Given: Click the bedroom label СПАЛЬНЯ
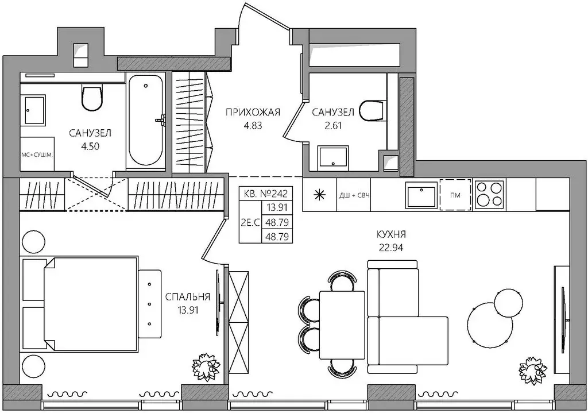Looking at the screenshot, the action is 188,297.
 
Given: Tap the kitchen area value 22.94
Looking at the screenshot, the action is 391,248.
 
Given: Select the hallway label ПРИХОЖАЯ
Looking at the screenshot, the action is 253,112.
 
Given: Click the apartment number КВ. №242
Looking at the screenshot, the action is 265,194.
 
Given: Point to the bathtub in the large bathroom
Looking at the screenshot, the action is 146,119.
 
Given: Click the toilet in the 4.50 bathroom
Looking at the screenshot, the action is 92,98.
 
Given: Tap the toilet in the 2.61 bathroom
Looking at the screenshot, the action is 372,110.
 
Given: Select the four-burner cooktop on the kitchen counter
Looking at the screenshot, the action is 489,194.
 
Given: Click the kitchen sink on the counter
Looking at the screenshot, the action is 421,195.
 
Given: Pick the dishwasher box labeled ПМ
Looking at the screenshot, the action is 455,195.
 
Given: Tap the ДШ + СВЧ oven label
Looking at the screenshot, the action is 354,195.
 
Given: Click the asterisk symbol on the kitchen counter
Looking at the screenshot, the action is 319,194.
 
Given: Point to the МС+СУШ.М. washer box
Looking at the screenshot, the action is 37,154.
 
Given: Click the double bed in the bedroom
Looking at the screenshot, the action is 90,304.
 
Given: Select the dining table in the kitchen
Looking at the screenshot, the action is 342,325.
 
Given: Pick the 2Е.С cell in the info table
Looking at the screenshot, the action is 250,222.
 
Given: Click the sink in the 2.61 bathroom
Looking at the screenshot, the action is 333,156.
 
